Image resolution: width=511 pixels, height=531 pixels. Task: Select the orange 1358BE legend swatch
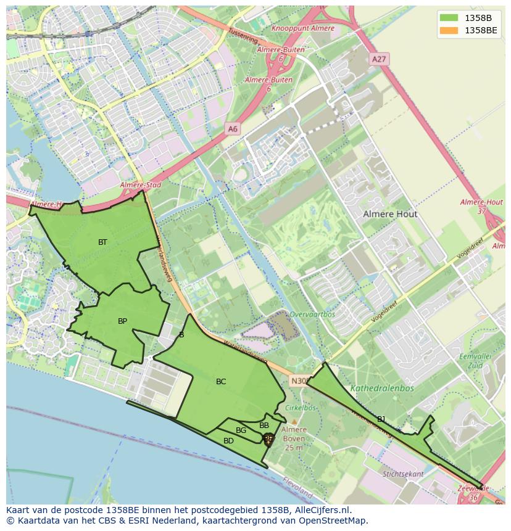449,30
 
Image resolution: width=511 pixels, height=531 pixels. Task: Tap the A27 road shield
378,59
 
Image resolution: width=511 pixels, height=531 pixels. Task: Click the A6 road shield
232,129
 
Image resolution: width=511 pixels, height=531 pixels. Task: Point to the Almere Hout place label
390,214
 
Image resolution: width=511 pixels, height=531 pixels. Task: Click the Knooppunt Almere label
302,28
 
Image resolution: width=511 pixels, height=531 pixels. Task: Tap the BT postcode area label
102,242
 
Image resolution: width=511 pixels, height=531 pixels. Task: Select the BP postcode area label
122,321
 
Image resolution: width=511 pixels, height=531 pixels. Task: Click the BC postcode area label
221,382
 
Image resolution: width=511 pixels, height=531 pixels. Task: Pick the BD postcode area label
228,441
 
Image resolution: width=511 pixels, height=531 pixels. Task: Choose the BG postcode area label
241,430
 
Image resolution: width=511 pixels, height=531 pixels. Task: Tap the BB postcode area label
264,426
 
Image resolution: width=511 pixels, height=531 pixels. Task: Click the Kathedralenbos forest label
382,389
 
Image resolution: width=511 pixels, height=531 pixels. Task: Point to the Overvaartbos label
312,314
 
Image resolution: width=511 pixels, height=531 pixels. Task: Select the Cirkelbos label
301,408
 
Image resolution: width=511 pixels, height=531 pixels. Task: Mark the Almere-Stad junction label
140,185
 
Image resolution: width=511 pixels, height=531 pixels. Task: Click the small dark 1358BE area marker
268,439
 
